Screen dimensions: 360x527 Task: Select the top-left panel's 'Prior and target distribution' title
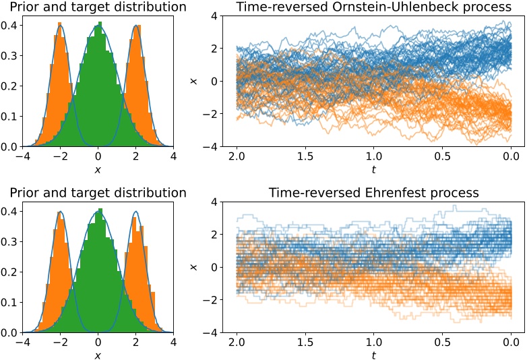coord(94,7)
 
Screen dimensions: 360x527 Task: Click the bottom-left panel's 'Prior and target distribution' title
coord(94,193)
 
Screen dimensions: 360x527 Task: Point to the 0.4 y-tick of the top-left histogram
coord(11,27)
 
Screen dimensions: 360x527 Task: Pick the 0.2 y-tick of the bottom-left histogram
coord(11,273)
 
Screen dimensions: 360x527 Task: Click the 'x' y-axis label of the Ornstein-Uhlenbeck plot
coord(193,81)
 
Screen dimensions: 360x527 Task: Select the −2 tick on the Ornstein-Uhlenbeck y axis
coord(213,114)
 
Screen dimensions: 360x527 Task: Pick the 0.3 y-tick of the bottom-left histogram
coord(11,243)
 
